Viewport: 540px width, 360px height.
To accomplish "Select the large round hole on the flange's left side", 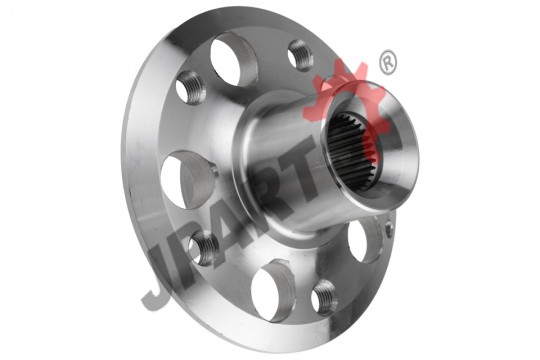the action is click(x=189, y=180).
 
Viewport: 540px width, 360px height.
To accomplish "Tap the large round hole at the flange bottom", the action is click(x=273, y=291).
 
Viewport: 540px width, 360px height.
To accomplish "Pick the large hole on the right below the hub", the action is click(x=365, y=239).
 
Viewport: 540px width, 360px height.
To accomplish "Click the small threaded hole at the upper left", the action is click(x=191, y=88).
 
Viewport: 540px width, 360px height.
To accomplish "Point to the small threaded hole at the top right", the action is click(x=300, y=55).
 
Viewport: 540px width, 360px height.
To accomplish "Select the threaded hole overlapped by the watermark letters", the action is click(x=204, y=248).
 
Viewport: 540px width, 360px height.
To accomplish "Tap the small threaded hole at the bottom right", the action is click(x=324, y=298).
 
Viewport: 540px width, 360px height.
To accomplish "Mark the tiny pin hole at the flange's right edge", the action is click(x=389, y=229).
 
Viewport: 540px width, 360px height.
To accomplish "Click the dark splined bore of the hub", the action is click(x=352, y=153).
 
